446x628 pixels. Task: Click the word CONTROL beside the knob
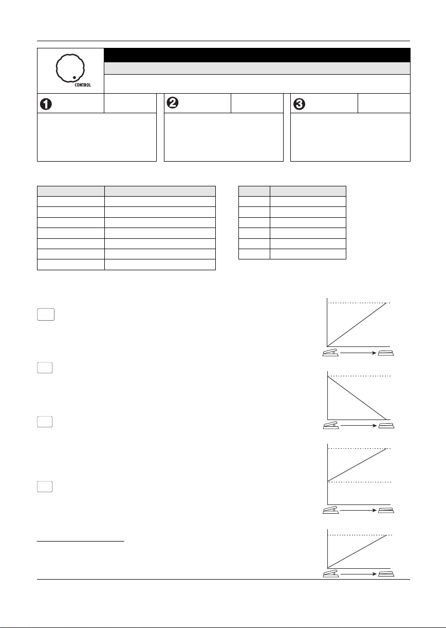(83, 85)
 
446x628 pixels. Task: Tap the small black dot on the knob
(74, 77)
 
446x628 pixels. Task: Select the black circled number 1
(46, 104)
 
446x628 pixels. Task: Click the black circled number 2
(173, 102)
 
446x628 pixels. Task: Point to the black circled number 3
(299, 104)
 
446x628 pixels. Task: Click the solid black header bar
(257, 55)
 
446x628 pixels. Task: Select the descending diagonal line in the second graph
(357, 398)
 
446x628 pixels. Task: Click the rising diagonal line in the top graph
(357, 325)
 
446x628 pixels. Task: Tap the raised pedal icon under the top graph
(330, 353)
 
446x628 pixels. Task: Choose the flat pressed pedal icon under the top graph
(386, 353)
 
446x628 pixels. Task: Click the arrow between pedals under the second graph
(359, 426)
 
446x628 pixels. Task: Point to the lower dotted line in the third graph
(359, 482)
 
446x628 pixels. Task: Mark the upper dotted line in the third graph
(359, 449)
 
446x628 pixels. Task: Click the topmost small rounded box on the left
(46, 315)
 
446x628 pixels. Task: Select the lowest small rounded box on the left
(45, 487)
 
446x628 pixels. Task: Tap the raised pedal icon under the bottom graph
(331, 573)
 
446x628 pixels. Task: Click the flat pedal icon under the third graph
(386, 510)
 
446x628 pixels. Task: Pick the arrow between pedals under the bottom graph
(359, 574)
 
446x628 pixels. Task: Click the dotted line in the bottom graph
(360, 535)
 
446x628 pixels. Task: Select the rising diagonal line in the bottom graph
(357, 551)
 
